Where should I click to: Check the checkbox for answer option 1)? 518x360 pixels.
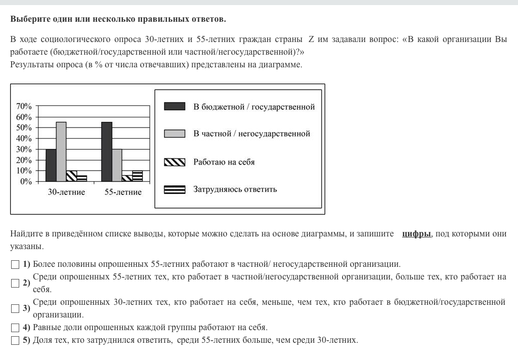point(15,264)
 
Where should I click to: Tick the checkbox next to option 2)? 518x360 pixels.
point(15,283)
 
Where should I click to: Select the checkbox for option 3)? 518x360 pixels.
point(15,308)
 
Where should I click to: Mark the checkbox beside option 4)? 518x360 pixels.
point(15,328)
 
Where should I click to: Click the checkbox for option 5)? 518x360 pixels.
point(15,340)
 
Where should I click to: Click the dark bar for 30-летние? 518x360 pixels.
point(51,165)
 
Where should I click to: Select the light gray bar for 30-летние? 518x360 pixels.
point(61,151)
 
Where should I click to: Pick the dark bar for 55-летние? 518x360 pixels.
point(106,151)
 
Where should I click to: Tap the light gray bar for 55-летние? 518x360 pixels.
point(117,165)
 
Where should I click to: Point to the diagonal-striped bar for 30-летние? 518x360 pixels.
point(71,176)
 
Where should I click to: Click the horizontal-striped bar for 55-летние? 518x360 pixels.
point(137,176)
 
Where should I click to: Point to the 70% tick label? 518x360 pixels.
point(24,106)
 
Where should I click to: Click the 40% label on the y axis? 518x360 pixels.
point(24,139)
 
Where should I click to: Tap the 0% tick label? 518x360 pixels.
point(26,181)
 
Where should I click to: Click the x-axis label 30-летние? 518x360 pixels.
point(66,192)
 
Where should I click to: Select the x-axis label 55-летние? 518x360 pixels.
point(123,192)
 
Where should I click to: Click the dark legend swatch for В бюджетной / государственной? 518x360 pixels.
point(175,106)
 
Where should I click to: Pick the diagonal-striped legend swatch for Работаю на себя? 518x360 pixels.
point(175,162)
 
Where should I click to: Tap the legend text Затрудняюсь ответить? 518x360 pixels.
point(235,189)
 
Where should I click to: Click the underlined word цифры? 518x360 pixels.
point(416,234)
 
